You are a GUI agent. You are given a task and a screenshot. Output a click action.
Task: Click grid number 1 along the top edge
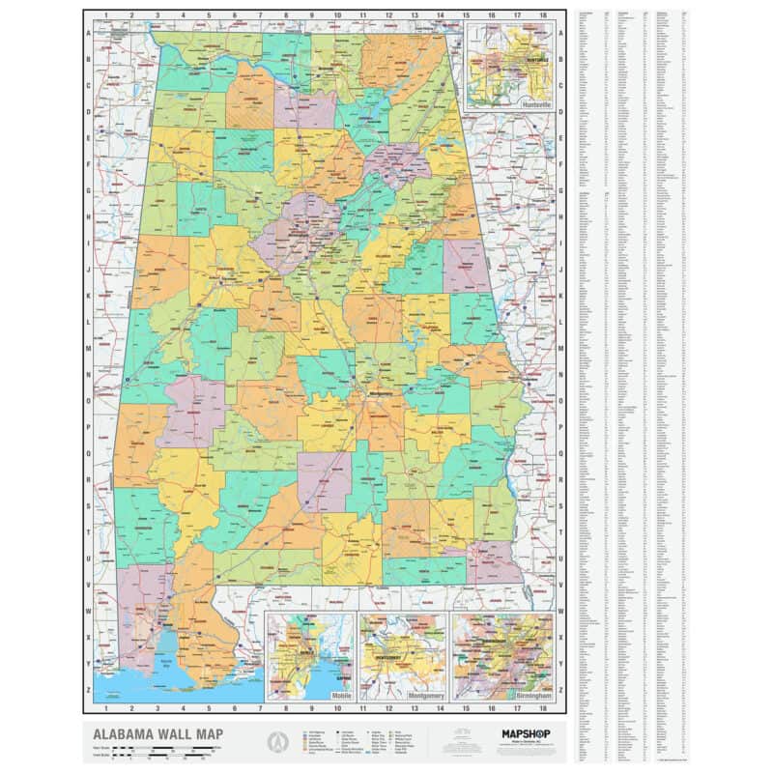click(106, 14)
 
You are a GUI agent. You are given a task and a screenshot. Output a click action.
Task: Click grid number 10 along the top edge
click(337, 14)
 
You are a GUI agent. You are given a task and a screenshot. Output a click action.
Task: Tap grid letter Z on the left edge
click(89, 690)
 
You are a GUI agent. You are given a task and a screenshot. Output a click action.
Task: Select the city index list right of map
click(633, 386)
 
